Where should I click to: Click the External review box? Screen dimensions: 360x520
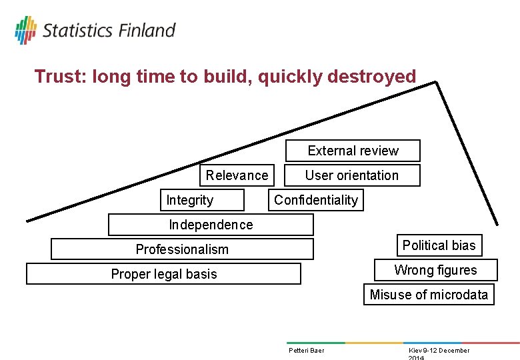(x=353, y=151)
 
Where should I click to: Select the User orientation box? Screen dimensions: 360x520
(x=353, y=175)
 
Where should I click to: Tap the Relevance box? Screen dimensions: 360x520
(x=237, y=175)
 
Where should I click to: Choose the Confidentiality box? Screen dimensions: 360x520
(x=316, y=200)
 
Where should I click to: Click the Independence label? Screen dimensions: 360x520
(x=211, y=225)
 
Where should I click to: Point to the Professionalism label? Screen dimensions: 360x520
(x=182, y=249)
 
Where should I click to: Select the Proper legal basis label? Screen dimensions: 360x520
(x=164, y=274)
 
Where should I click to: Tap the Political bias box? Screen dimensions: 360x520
(x=439, y=245)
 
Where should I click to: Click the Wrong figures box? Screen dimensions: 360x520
(x=435, y=270)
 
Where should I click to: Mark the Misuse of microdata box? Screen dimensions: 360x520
(x=429, y=295)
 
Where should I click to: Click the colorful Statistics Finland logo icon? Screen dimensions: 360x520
(x=26, y=30)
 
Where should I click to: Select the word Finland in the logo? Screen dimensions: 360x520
(x=147, y=30)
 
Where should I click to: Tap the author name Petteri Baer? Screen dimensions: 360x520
(x=306, y=351)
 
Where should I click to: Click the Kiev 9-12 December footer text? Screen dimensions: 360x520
(x=439, y=351)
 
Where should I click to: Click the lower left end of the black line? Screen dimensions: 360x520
(x=27, y=219)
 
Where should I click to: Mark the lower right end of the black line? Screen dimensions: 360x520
(x=496, y=224)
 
